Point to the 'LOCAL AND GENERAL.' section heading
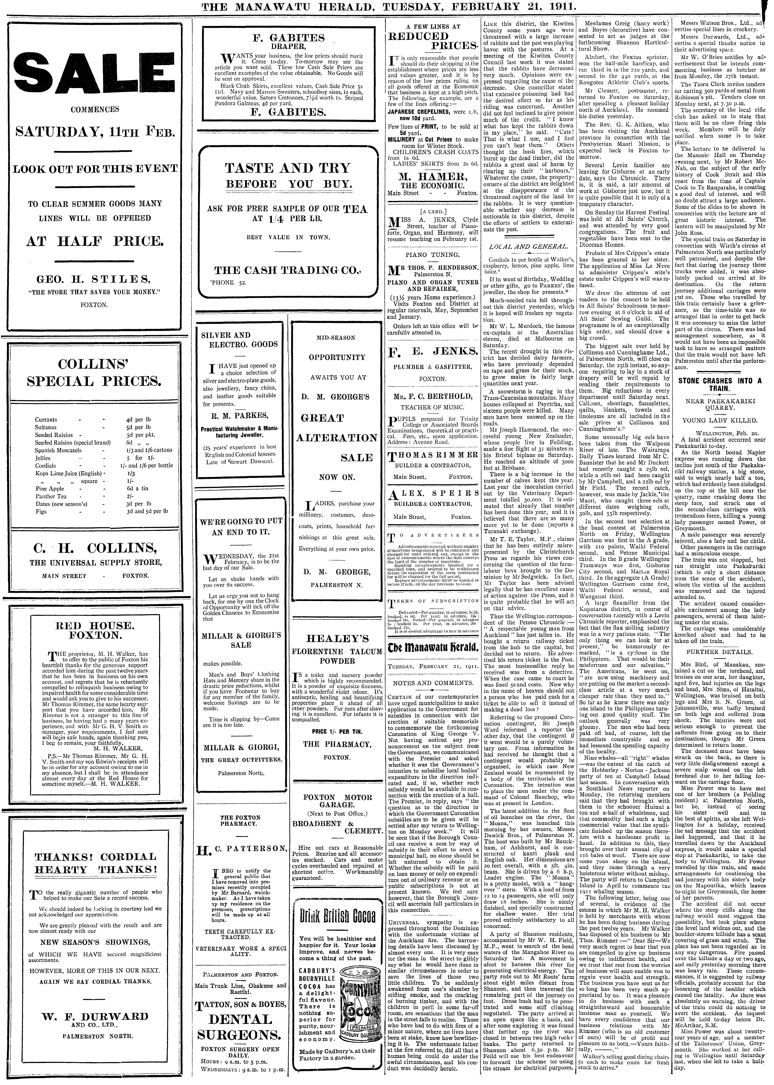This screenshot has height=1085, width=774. [528, 246]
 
